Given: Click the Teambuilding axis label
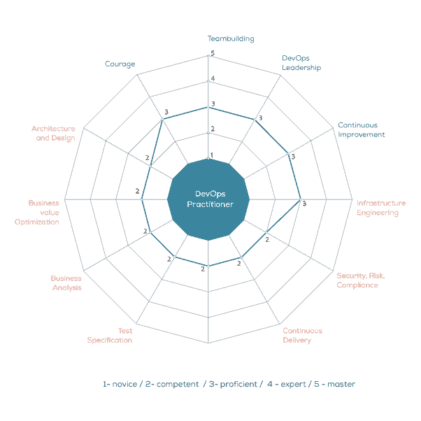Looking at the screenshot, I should pos(231,39).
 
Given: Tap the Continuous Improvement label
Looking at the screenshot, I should pos(361,130).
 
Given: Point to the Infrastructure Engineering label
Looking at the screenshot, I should pos(380,208).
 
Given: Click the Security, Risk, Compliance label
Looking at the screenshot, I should pos(360,280).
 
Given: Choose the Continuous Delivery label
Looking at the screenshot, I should pos(302,336).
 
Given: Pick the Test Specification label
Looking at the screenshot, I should pos(110,336).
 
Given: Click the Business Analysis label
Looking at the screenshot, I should pos(66,283).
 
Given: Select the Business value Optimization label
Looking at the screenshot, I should pos(38,213).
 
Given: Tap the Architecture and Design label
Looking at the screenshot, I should pos(53,134).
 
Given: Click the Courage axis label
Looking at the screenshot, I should pos(120,64).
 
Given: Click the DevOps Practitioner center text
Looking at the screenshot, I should pos(209,199).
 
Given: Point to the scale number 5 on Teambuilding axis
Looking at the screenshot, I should pos(213,53).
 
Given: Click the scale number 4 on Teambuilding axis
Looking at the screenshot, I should pos(213,78).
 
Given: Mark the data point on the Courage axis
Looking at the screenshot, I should pos(162,119).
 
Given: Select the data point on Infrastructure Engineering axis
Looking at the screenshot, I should pos(300,199).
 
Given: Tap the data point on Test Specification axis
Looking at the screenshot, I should pos(174,258).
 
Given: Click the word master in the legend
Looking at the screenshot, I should pos(341,384).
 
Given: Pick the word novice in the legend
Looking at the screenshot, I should pos(123,384).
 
